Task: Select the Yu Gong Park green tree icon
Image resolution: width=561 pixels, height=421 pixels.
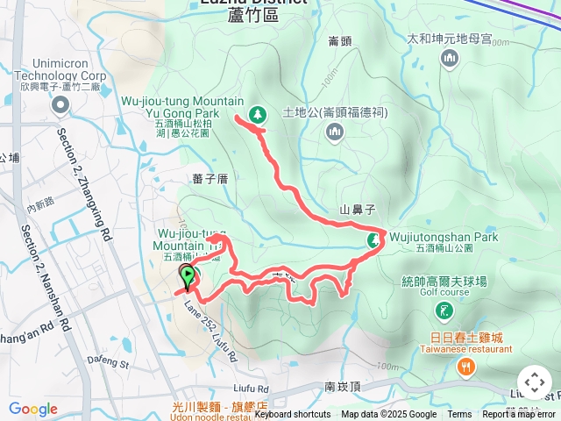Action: (258, 113)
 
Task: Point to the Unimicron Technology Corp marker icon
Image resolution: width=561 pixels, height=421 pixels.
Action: (60, 106)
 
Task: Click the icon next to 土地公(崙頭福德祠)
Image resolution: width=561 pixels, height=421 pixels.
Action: (333, 132)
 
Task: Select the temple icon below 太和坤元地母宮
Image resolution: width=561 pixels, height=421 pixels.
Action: (451, 58)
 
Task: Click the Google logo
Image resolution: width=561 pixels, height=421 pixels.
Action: (33, 409)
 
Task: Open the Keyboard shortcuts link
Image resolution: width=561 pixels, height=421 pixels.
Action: (293, 415)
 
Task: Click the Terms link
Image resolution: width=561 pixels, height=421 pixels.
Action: (459, 415)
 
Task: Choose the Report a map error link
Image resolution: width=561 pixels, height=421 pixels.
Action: (520, 415)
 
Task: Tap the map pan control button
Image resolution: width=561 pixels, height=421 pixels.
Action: (534, 382)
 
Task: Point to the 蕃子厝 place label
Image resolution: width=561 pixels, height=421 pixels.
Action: (209, 178)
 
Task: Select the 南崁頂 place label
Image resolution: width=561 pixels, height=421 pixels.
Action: (342, 386)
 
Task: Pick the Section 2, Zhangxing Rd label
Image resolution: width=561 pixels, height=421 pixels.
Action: (84, 185)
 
